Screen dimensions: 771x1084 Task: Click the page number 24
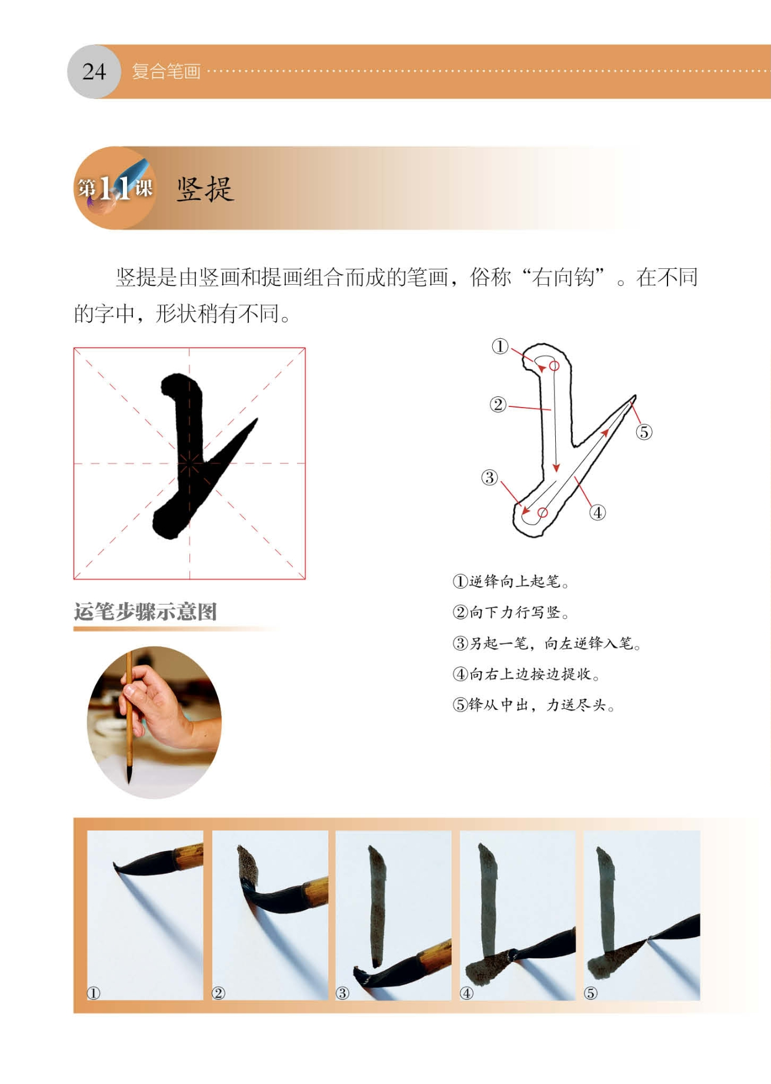click(94, 72)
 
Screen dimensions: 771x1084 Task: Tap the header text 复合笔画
click(166, 72)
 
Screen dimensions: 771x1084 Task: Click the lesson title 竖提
click(205, 189)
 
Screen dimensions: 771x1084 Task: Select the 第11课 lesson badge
click(115, 188)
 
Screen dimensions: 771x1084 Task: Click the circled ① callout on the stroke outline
click(500, 346)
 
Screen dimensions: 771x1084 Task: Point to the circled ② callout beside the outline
click(498, 405)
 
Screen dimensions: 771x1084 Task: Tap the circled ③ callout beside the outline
click(489, 478)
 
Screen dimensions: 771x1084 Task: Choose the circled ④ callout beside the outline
click(598, 513)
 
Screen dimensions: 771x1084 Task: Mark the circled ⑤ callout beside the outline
click(644, 432)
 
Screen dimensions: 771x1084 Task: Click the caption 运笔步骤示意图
click(145, 612)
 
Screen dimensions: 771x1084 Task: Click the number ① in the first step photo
click(94, 993)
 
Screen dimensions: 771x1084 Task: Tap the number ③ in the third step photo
click(342, 993)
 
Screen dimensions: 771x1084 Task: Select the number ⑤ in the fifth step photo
click(590, 993)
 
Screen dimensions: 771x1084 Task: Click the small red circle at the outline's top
click(554, 366)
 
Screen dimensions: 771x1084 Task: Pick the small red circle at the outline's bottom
click(543, 513)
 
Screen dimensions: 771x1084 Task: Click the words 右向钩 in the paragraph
click(563, 277)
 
